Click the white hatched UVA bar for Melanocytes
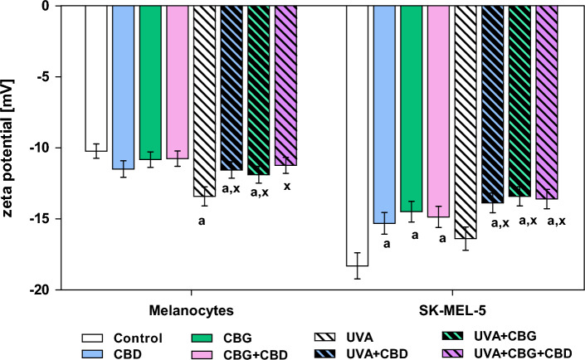pyautogui.click(x=204, y=100)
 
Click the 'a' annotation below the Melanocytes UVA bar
pyautogui.click(x=202, y=221)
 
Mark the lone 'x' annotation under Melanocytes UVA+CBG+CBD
pyautogui.click(x=287, y=186)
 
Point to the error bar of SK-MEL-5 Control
pyautogui.click(x=357, y=265)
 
